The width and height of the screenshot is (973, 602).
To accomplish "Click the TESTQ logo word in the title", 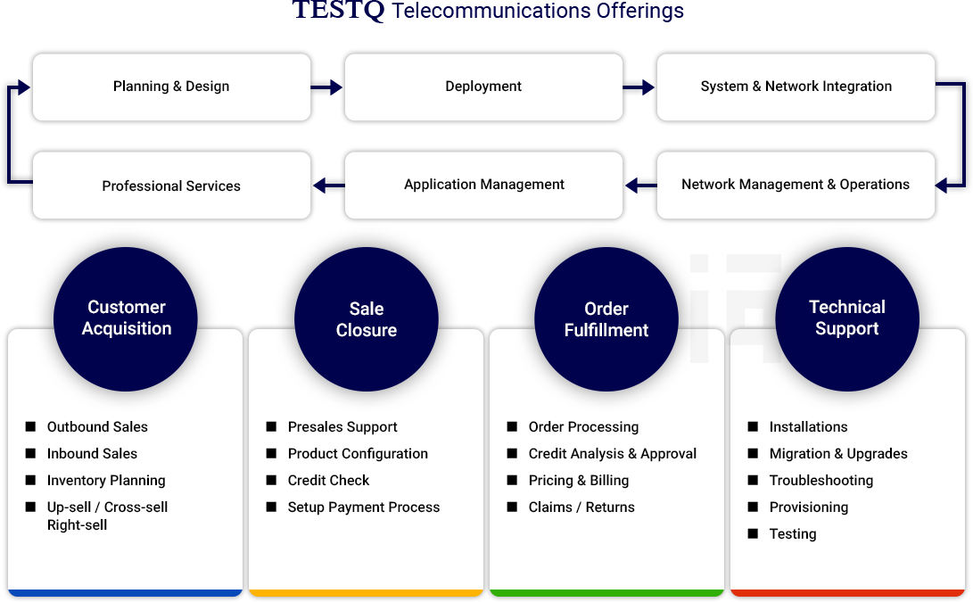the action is pos(338,9).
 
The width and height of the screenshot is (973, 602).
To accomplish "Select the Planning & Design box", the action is pos(172,87).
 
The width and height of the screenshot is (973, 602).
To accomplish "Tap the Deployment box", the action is pos(483,87).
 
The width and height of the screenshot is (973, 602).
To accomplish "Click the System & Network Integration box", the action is pos(796,87).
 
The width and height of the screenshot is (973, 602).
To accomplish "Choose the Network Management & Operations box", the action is pos(796,185).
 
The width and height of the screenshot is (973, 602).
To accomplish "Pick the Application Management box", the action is pos(483,185).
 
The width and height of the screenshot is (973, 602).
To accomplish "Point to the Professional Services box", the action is pos(172,185).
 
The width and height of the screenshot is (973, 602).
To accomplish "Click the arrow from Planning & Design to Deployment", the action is pos(327,87).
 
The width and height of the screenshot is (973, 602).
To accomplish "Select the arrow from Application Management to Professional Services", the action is pos(329,185).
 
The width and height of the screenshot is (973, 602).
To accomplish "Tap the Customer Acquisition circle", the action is pos(126,319).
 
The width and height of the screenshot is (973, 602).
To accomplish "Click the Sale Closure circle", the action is pos(367,319).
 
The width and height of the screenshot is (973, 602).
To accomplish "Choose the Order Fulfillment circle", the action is pos(606,319).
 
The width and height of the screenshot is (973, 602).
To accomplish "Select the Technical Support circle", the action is pos(847,319).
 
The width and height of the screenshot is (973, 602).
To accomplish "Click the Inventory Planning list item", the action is pos(106,481).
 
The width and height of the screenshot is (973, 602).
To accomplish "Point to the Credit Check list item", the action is pos(328,481).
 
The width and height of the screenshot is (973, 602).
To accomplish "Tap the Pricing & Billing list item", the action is pos(578,481).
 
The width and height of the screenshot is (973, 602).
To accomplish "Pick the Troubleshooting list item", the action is pos(821,481).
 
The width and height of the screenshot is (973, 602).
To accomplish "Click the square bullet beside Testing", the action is pos(753,533).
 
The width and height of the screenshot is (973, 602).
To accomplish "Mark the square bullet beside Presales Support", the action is pos(271,426).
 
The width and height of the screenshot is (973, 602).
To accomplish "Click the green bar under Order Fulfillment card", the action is pos(606,593).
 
